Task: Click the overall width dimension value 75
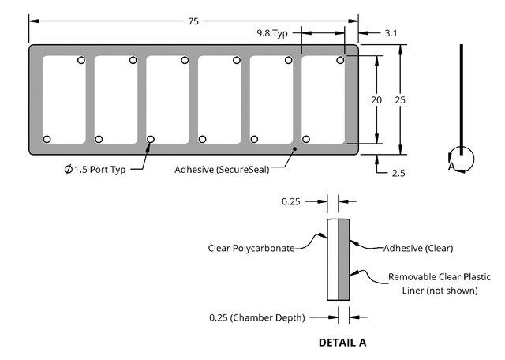point(193,21)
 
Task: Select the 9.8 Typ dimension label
point(272,33)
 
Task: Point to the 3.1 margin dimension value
point(391,33)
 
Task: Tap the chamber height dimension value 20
point(376,100)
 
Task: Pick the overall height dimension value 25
point(400,100)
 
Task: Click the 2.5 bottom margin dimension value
point(398,174)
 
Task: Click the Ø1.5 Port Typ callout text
point(95,169)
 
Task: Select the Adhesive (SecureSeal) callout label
point(222,170)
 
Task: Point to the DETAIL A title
point(342,343)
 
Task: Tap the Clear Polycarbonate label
point(251,248)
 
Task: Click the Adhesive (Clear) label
point(418,248)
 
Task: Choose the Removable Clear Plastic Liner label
point(440,283)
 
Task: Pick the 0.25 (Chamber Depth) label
point(257,318)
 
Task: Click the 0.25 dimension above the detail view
point(291,202)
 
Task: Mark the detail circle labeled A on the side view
point(462,159)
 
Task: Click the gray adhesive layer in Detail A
point(344,260)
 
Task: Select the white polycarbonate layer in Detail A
point(333,260)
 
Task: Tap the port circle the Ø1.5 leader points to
point(151,139)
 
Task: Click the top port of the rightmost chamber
point(340,60)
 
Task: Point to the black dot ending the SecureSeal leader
point(294,148)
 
